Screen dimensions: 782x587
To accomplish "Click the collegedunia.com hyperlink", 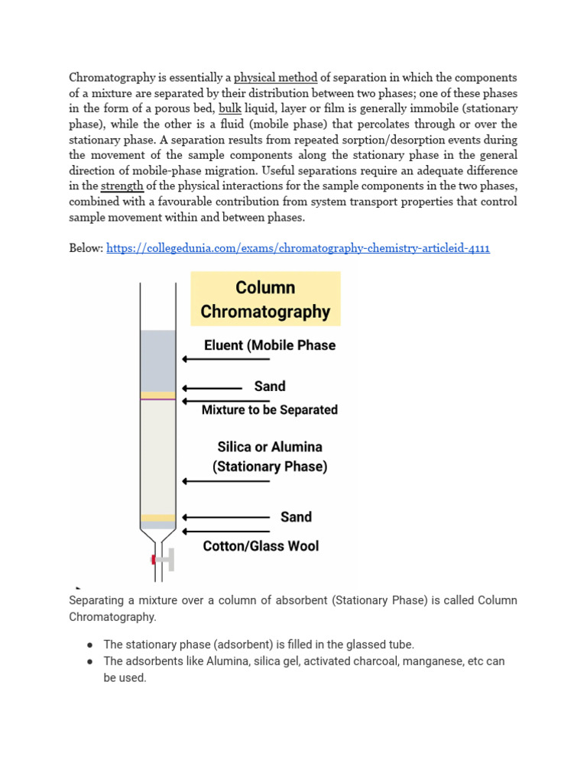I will tap(298, 248).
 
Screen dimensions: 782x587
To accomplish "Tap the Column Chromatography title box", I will tap(265, 299).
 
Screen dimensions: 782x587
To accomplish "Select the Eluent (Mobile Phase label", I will tap(269, 345).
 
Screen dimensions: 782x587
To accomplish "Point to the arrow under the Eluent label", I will tap(226, 359).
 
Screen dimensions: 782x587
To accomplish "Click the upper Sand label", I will tap(269, 386).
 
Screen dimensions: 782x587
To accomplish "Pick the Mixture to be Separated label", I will tap(269, 410).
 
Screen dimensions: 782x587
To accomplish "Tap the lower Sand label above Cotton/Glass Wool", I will tap(296, 517).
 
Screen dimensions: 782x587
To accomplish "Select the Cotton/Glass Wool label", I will tap(261, 546).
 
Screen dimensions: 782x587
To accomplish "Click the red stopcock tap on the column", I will tap(155, 560).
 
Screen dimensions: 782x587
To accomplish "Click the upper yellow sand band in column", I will tap(157, 396).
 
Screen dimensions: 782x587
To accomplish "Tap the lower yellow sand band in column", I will tap(157, 518).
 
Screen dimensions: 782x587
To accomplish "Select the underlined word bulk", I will tap(229, 108).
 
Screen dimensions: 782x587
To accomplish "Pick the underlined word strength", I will tap(122, 186).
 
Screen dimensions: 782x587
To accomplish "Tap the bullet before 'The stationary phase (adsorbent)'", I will tap(90, 645).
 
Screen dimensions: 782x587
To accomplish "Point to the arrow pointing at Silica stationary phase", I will tap(226, 481).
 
